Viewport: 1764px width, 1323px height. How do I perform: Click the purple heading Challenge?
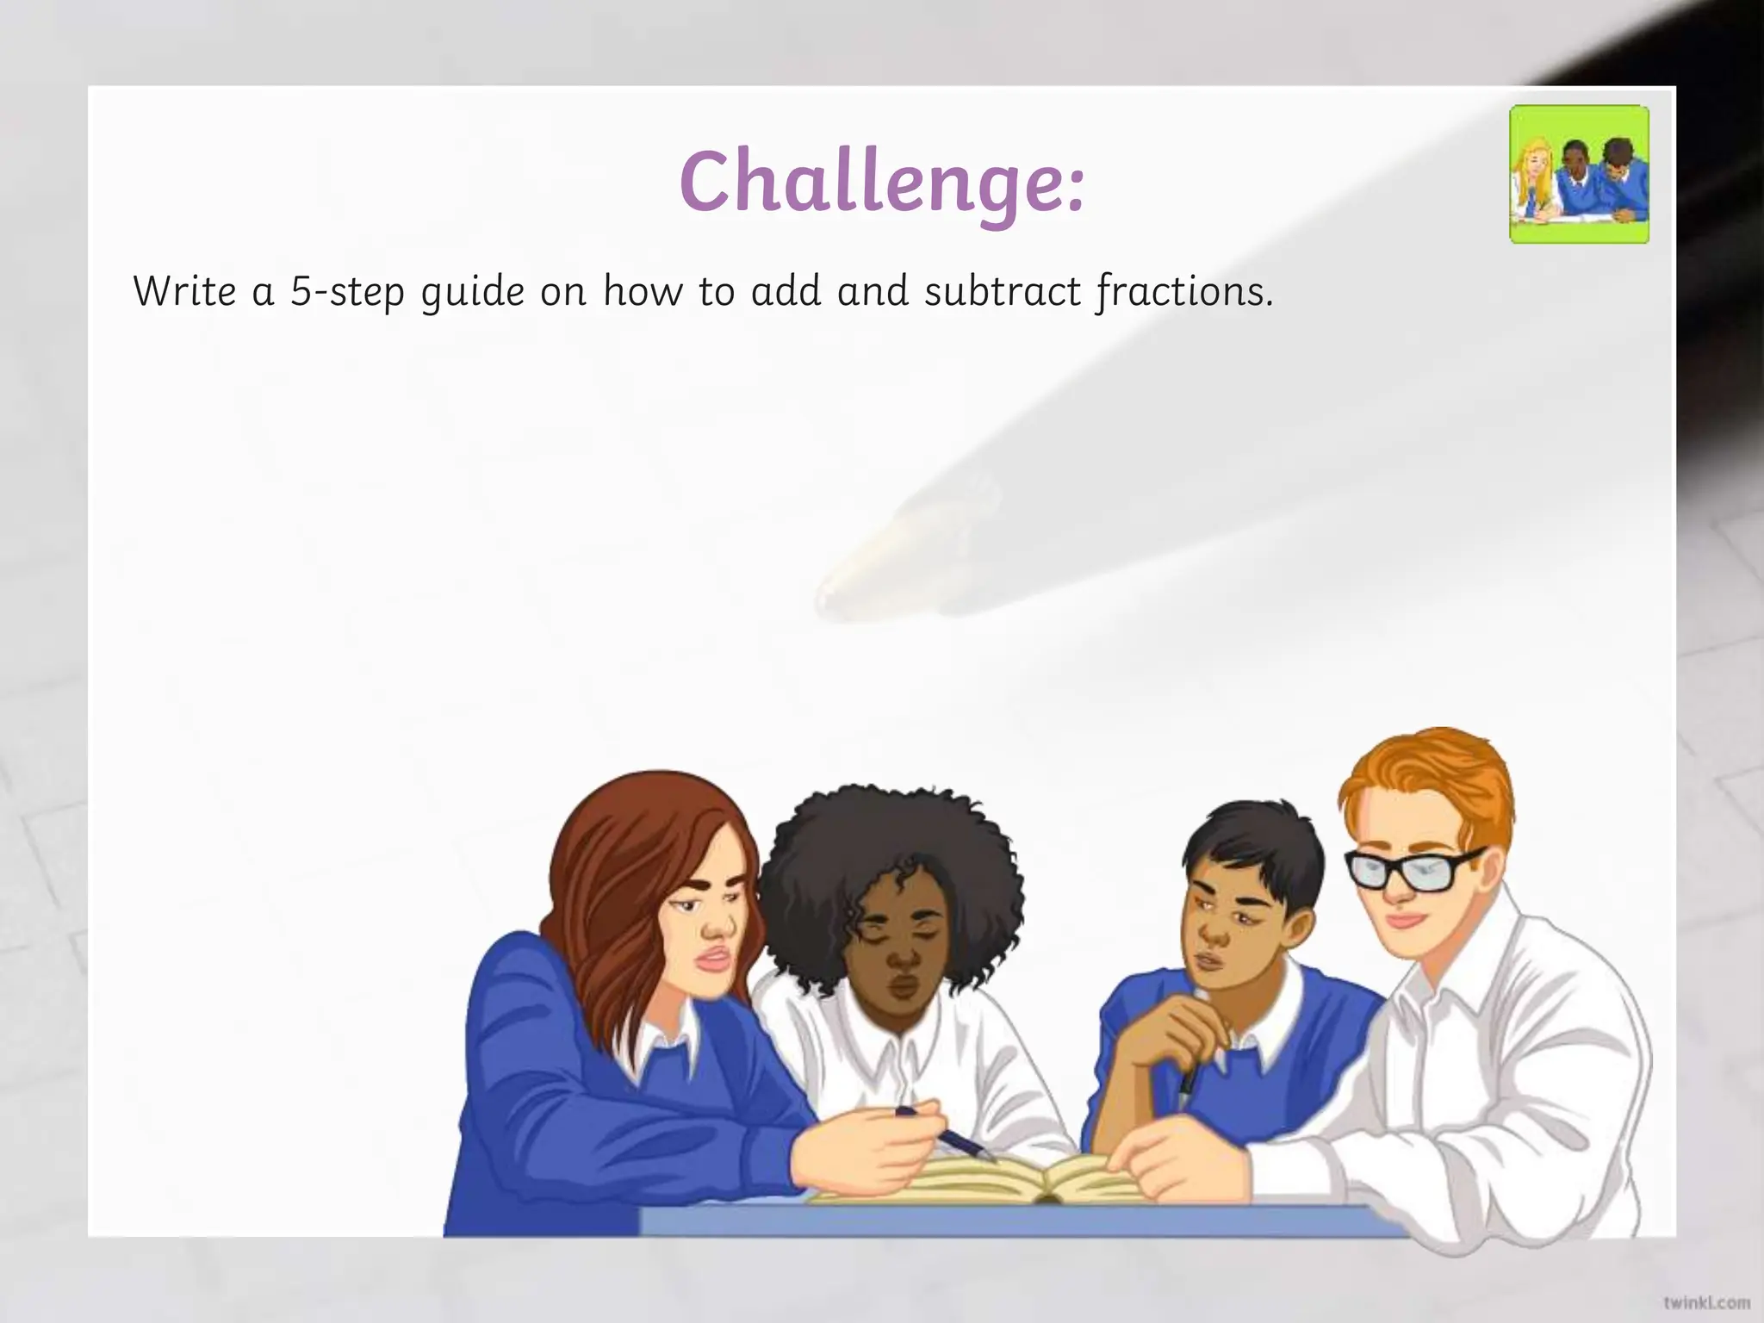click(882, 183)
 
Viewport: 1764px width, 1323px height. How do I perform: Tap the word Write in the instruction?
click(185, 291)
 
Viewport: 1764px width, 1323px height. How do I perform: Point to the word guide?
click(472, 293)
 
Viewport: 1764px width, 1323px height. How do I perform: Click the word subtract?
click(1003, 291)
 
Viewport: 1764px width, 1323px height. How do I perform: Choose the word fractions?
click(1184, 293)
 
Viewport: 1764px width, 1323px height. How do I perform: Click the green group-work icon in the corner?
click(1579, 175)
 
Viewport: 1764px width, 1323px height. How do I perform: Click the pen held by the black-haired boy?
click(1187, 1087)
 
